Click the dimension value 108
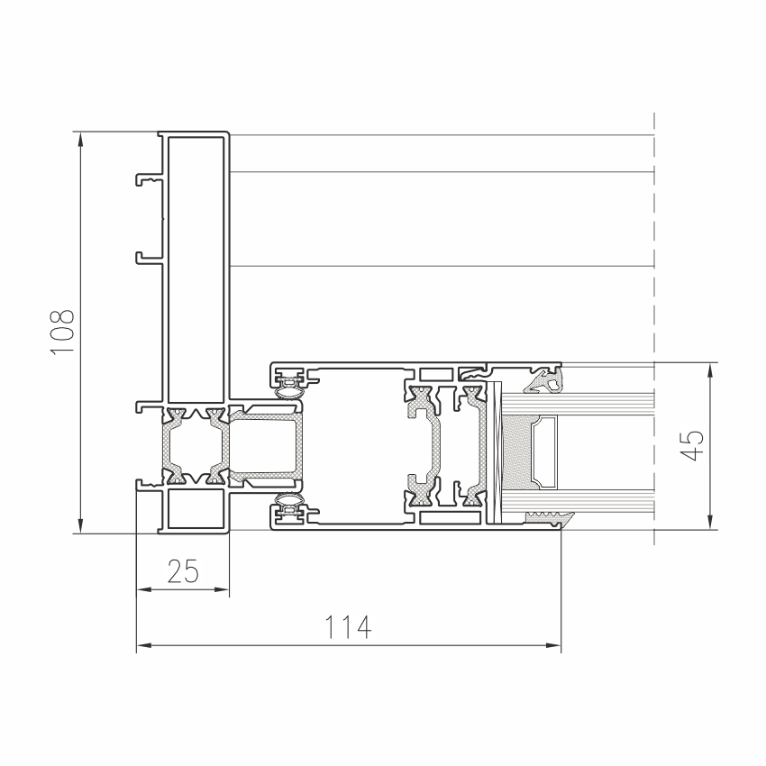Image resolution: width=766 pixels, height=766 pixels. pyautogui.click(x=62, y=332)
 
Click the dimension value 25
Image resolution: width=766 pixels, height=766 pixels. pyautogui.click(x=183, y=571)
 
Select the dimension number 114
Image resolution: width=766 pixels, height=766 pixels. pyautogui.click(x=349, y=627)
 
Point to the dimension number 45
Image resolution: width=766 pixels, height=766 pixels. pyautogui.click(x=692, y=445)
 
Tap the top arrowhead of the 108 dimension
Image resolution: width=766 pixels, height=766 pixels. pyautogui.click(x=80, y=139)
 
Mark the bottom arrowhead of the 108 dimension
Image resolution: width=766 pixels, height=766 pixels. pyautogui.click(x=80, y=526)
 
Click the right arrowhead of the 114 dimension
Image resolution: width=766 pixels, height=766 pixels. pyautogui.click(x=553, y=645)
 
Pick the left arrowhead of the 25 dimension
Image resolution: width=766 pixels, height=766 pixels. pyautogui.click(x=143, y=589)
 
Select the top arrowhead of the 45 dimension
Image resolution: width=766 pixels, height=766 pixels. pyautogui.click(x=710, y=370)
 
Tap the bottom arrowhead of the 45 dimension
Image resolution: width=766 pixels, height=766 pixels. pyautogui.click(x=710, y=522)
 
